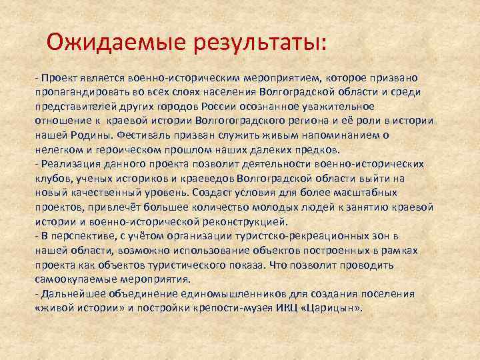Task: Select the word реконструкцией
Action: tap(247, 221)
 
